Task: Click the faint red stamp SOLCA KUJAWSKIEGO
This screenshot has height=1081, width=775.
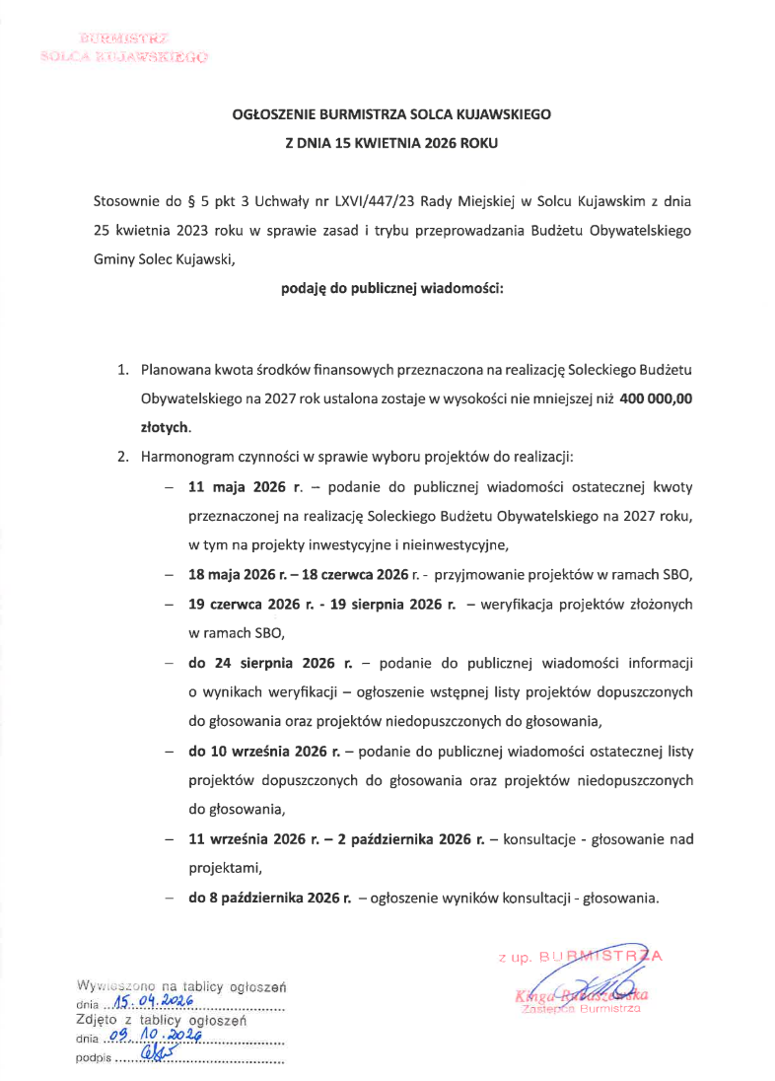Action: point(123,57)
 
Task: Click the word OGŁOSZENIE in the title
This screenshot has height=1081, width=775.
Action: point(272,114)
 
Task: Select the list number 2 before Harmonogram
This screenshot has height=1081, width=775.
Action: point(122,458)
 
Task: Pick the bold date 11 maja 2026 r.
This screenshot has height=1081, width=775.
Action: point(245,487)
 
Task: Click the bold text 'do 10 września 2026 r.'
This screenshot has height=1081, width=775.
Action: point(264,752)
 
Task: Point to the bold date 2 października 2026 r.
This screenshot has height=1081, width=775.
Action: point(425,839)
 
